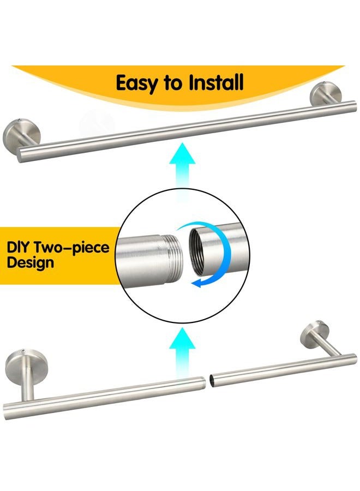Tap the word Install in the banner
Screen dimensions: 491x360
(215, 83)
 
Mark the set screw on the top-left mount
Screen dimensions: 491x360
(20, 122)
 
